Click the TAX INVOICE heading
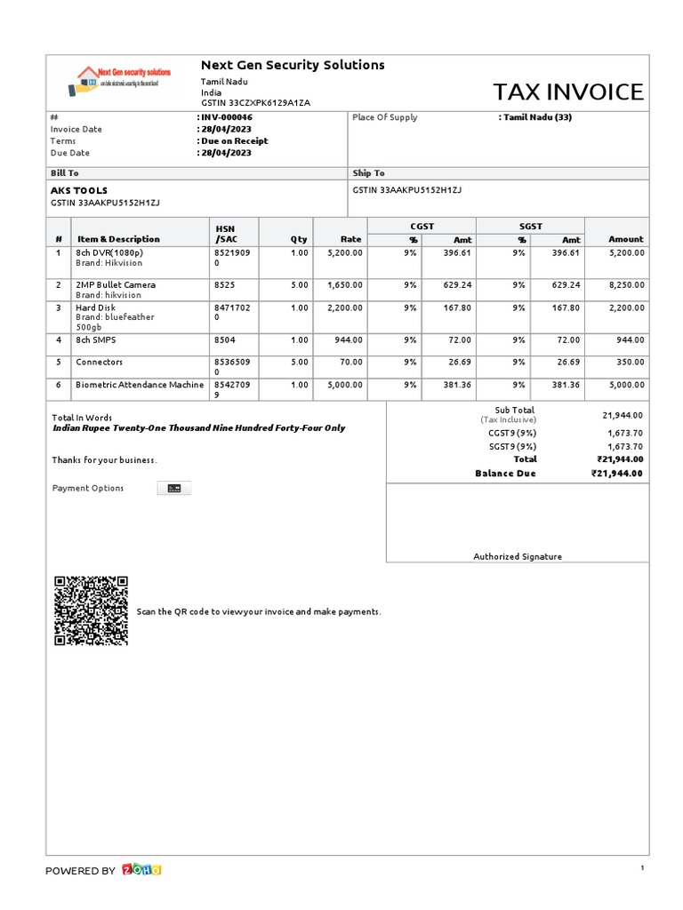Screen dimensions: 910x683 (567, 92)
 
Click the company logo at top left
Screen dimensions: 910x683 (120, 81)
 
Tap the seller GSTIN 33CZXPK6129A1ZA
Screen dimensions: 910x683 (255, 103)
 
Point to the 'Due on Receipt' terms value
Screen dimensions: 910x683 (233, 140)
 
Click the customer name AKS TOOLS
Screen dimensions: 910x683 (79, 190)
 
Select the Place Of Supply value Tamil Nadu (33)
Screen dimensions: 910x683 (537, 117)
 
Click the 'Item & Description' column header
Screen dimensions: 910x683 (118, 239)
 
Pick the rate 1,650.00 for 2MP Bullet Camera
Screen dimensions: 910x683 (344, 285)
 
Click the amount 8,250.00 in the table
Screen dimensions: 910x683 (626, 285)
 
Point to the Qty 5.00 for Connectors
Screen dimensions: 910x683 (299, 362)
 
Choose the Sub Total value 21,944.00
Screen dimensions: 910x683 (623, 415)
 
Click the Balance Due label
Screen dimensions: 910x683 (505, 474)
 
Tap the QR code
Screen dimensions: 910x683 (91, 611)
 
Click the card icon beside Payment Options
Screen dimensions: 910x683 (174, 488)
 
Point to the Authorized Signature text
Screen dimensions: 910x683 (517, 556)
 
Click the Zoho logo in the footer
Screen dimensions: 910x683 (141, 870)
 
